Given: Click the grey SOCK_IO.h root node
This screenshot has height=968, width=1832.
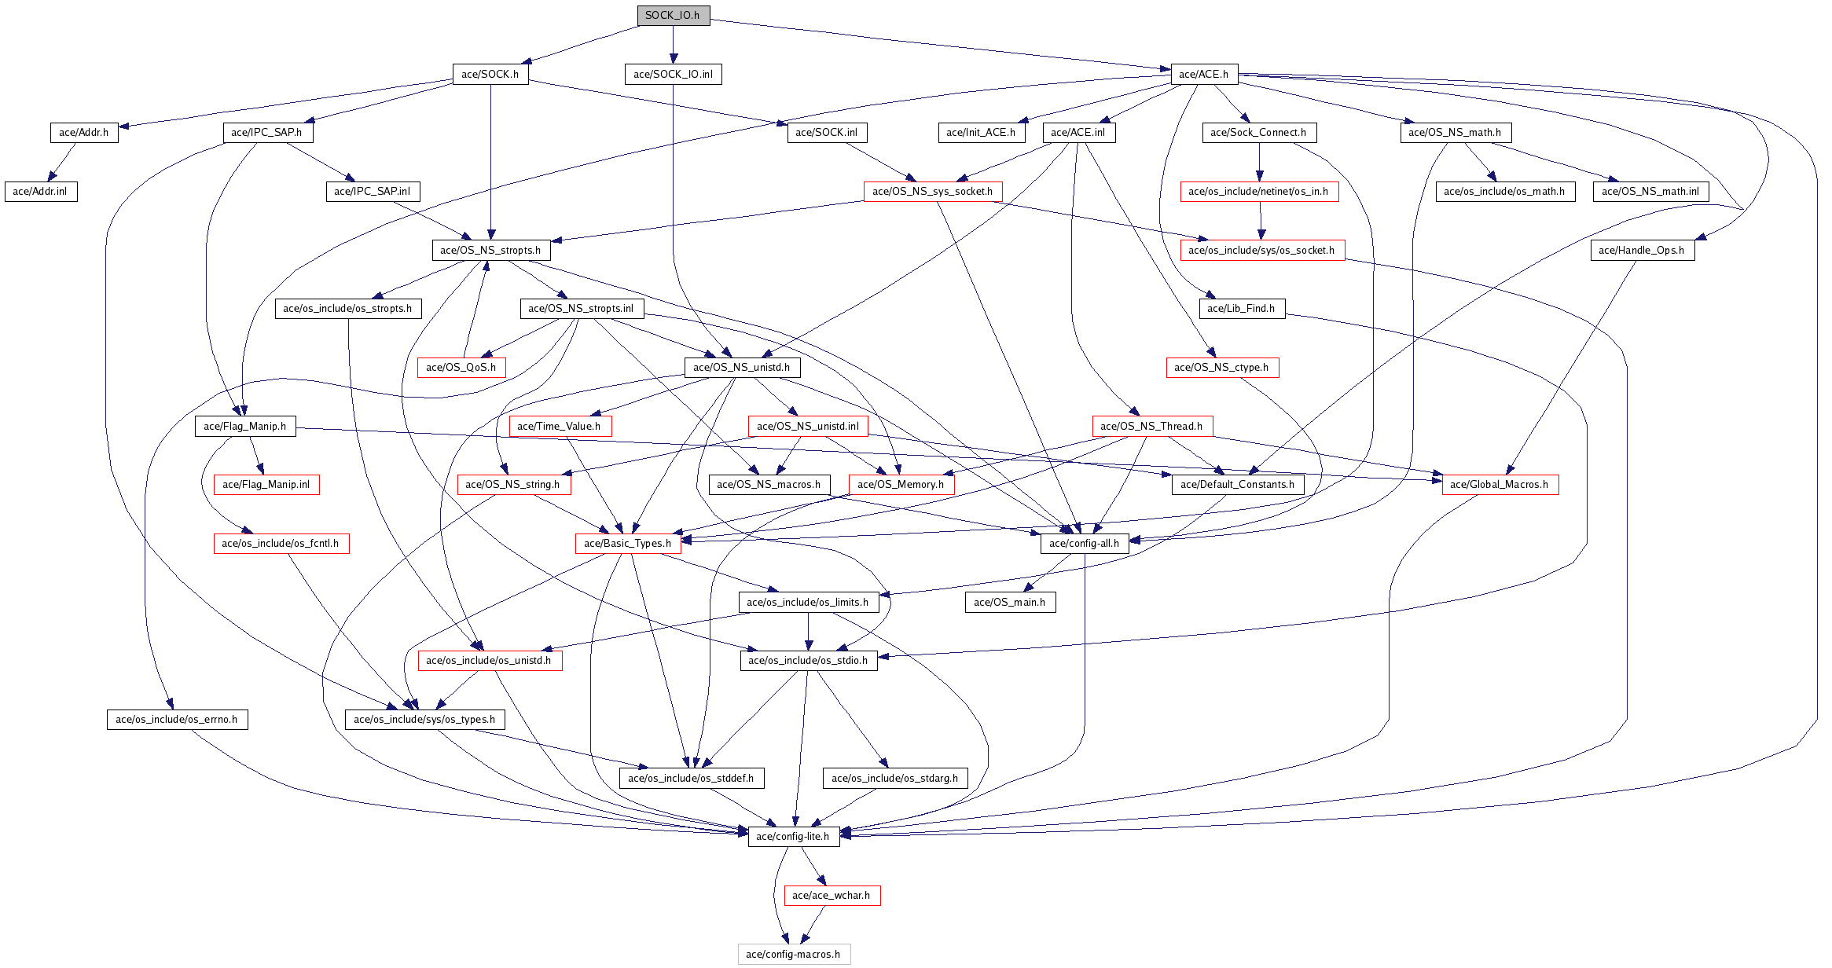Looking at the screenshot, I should click(x=673, y=16).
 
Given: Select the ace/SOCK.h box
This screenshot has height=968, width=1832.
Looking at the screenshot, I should click(x=490, y=74).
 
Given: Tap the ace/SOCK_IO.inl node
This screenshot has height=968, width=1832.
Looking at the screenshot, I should click(x=673, y=74).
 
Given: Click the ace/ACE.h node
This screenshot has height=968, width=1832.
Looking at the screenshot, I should click(x=1203, y=74).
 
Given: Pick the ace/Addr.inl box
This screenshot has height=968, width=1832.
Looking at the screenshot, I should click(x=40, y=191).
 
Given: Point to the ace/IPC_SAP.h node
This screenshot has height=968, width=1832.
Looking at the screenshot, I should click(x=267, y=132).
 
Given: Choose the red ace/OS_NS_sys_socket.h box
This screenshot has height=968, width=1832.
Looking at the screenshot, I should click(x=932, y=191).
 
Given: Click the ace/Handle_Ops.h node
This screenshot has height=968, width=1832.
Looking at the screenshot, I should click(x=1641, y=250).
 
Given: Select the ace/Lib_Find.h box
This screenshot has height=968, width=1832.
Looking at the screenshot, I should click(x=1241, y=308).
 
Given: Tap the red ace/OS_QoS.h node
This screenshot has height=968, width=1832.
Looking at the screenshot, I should click(x=461, y=367).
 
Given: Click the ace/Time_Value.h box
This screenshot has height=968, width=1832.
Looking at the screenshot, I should click(x=559, y=426).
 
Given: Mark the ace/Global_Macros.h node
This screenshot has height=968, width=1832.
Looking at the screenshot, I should click(x=1499, y=484).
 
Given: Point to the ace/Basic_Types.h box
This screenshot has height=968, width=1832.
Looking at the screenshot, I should click(x=627, y=543).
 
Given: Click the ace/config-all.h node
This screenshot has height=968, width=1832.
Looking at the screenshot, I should click(x=1084, y=543).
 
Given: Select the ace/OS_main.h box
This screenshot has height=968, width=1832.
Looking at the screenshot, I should click(x=1009, y=602).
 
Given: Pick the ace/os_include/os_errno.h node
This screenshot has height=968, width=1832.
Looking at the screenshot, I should click(x=177, y=719).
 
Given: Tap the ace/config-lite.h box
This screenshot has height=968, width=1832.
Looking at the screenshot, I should click(x=792, y=836).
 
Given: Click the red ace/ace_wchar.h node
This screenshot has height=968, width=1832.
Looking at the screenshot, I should click(x=832, y=895).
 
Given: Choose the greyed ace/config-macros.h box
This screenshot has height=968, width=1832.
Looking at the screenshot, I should click(x=793, y=954).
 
